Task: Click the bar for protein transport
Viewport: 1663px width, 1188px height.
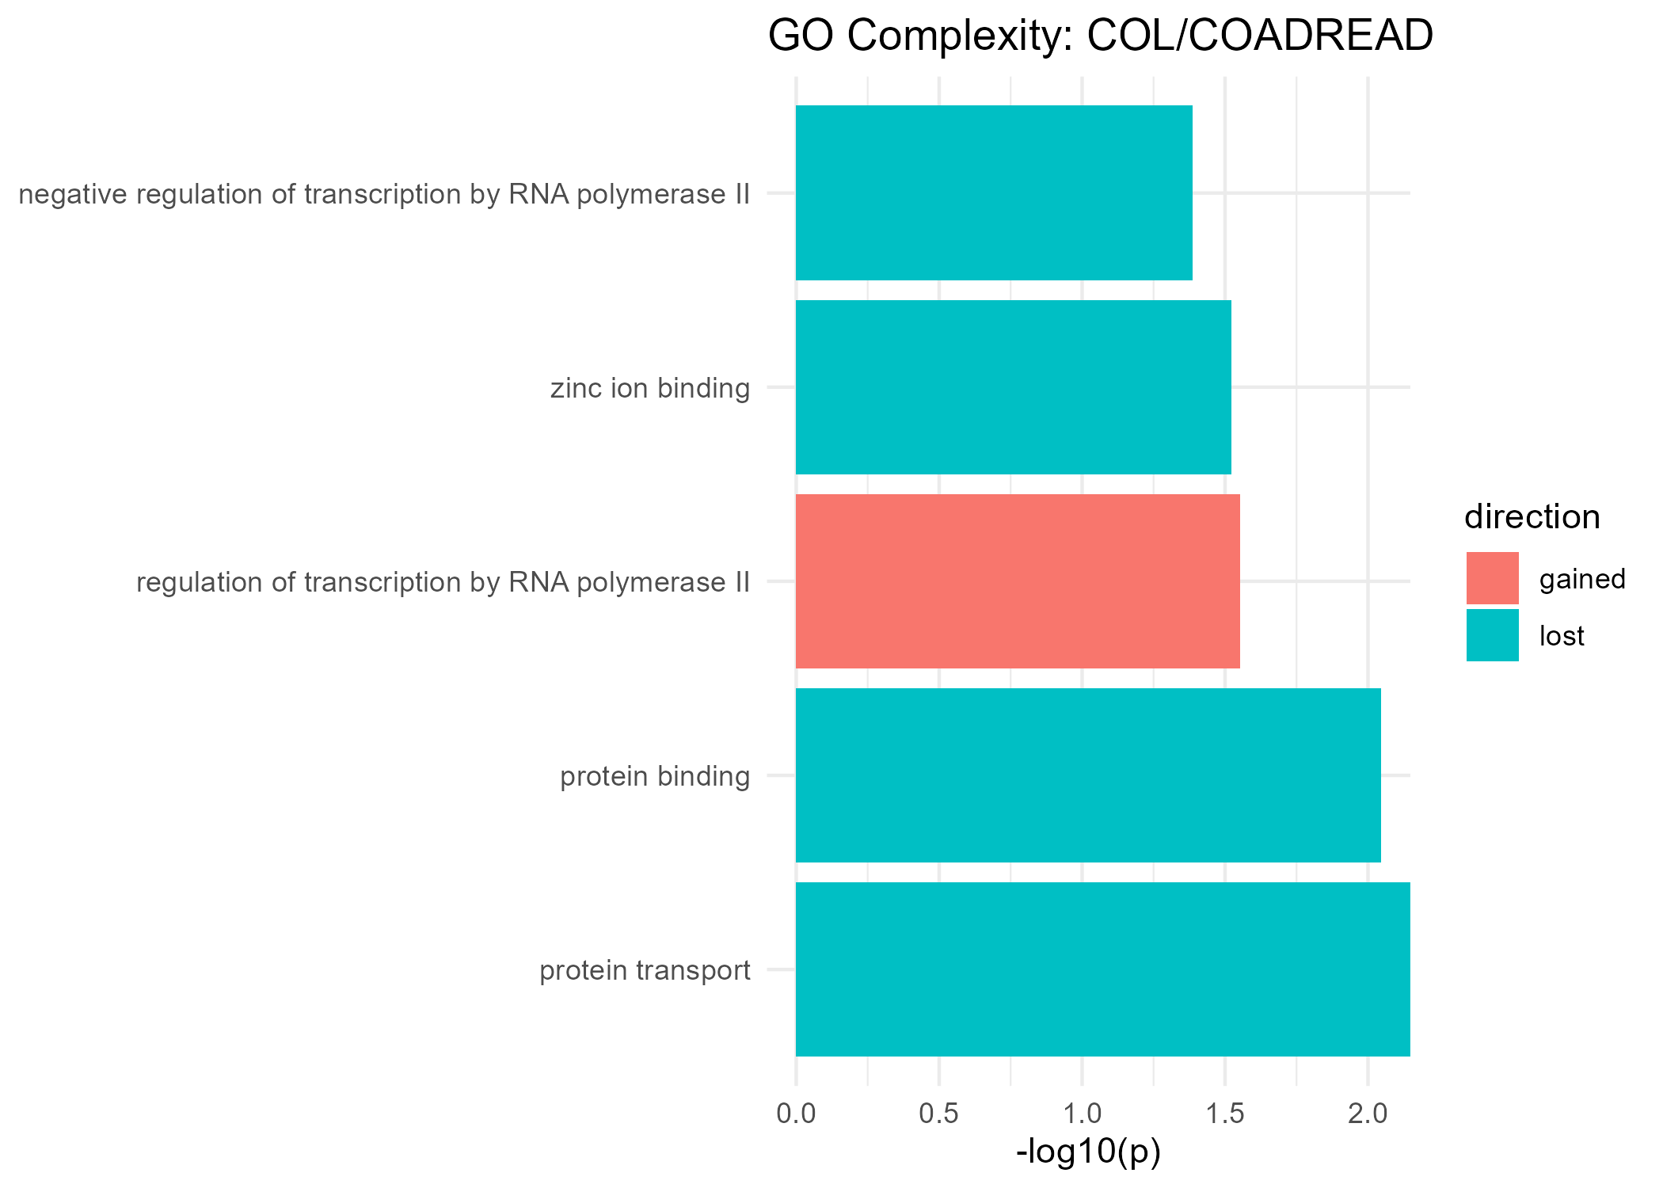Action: (x=1102, y=969)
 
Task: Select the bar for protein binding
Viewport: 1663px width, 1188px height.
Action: (x=1088, y=775)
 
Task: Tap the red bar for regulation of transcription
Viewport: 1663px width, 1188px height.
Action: (x=1018, y=581)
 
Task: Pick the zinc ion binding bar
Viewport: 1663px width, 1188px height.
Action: (x=1013, y=387)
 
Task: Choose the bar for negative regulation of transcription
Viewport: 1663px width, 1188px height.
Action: (x=994, y=193)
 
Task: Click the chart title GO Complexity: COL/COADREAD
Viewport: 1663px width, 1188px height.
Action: (x=1101, y=36)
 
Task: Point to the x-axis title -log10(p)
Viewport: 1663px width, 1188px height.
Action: (x=1088, y=1152)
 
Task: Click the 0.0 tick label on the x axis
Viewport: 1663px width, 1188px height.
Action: (x=796, y=1114)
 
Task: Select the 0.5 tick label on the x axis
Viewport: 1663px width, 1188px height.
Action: (x=939, y=1114)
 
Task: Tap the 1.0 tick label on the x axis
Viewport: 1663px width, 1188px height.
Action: (x=1082, y=1114)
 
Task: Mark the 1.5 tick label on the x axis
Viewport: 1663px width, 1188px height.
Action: (x=1225, y=1114)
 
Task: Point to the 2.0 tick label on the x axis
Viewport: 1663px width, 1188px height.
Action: (x=1368, y=1114)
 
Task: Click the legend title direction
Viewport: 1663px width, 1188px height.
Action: (x=1532, y=517)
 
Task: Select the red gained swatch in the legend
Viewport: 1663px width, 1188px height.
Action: (x=1493, y=578)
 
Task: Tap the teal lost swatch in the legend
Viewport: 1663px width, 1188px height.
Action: (x=1493, y=635)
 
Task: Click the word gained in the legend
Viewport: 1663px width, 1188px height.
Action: (x=1582, y=580)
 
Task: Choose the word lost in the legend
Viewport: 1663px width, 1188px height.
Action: (x=1562, y=636)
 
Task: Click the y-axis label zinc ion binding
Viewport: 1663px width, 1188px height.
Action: (x=650, y=389)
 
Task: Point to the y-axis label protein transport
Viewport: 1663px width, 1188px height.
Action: (x=645, y=971)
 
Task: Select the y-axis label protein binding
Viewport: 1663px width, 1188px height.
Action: (x=655, y=777)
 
